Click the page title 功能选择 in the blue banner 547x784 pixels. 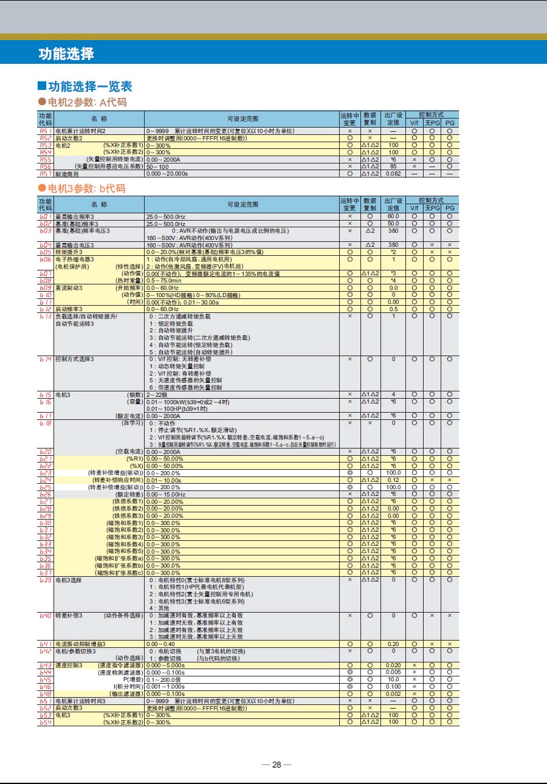point(66,53)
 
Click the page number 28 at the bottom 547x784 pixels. point(277,764)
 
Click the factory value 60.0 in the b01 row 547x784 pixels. point(393,216)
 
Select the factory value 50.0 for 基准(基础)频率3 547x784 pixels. point(393,224)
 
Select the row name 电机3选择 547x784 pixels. point(69,580)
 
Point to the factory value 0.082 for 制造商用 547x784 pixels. point(393,174)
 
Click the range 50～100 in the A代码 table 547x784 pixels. point(157,167)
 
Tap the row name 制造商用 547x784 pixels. point(67,174)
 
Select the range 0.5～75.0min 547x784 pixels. point(164,281)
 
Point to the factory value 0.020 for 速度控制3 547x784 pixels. point(393,665)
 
